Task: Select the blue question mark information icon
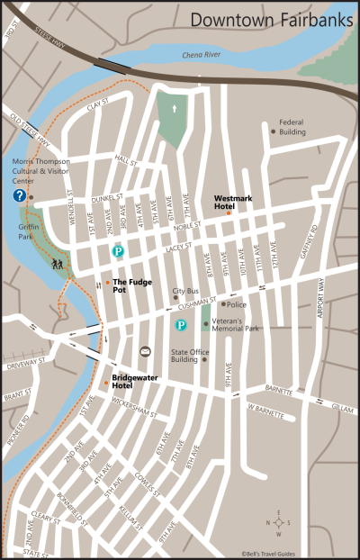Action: coord(18,195)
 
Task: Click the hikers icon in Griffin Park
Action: coord(57,265)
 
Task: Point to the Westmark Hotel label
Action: coord(231,202)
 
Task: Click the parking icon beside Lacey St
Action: coord(117,252)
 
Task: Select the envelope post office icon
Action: coord(145,350)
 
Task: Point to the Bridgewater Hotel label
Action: coord(135,381)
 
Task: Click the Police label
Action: coord(237,304)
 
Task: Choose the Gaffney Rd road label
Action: coord(314,238)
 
